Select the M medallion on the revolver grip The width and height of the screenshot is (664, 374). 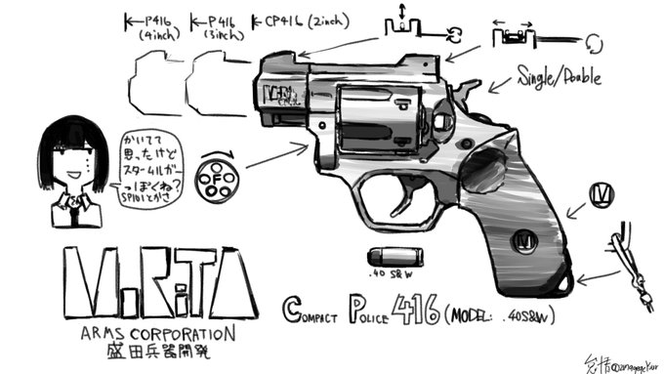point(527,237)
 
